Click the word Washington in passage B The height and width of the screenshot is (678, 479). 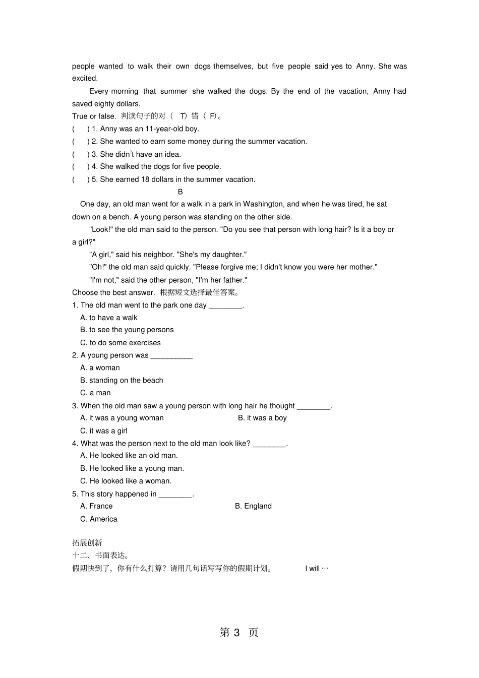point(263,204)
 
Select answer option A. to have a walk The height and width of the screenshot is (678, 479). point(108,318)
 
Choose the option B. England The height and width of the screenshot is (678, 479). point(253,506)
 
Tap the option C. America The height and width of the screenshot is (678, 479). point(99,519)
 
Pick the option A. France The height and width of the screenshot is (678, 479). point(96,506)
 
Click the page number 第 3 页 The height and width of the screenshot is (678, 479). point(239,632)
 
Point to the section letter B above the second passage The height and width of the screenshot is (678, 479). point(181,192)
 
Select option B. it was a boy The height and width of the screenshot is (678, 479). point(262,418)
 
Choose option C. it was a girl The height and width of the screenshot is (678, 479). point(104,431)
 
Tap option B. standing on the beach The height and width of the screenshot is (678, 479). point(122,381)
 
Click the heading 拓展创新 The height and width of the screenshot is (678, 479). point(87,543)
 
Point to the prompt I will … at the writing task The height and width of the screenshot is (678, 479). point(317,569)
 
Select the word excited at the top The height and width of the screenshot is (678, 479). point(85,79)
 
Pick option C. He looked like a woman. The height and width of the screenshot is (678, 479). point(126,481)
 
